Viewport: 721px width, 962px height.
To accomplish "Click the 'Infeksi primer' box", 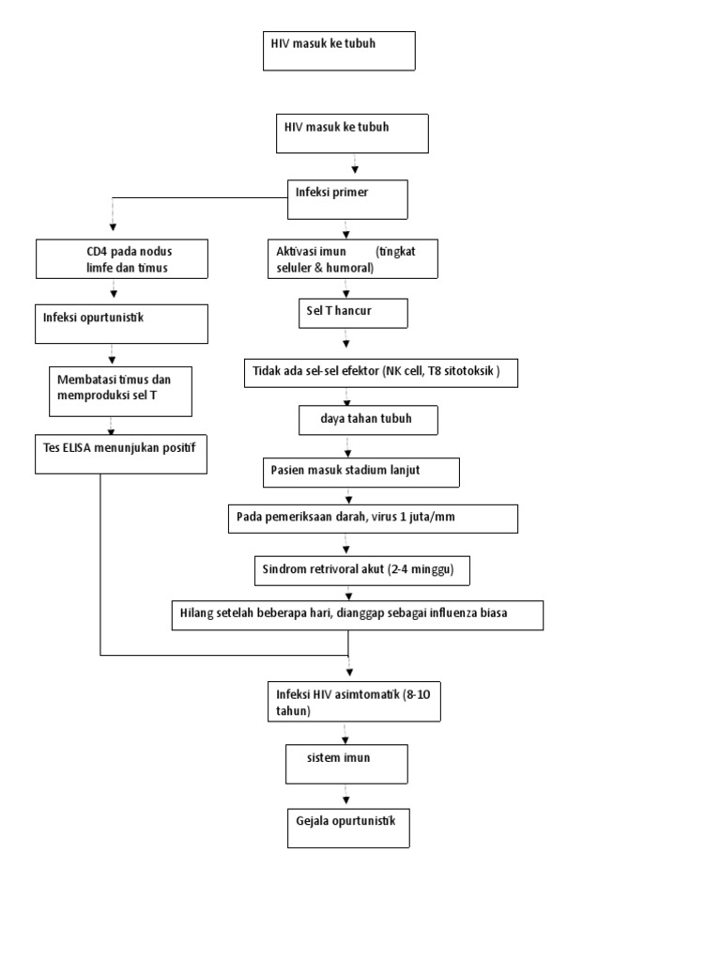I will tap(347, 199).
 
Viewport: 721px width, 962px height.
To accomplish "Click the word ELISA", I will tap(90, 442).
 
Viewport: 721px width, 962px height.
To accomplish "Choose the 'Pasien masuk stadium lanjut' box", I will tap(360, 472).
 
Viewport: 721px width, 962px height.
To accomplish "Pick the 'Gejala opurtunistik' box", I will tap(347, 828).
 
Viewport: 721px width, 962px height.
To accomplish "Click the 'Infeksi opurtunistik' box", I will tap(122, 324).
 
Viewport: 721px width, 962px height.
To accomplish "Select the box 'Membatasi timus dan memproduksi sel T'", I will tap(123, 391).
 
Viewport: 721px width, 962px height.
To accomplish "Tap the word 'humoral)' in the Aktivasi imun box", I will tap(348, 268).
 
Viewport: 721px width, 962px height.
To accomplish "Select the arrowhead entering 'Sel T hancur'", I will tap(347, 292).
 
